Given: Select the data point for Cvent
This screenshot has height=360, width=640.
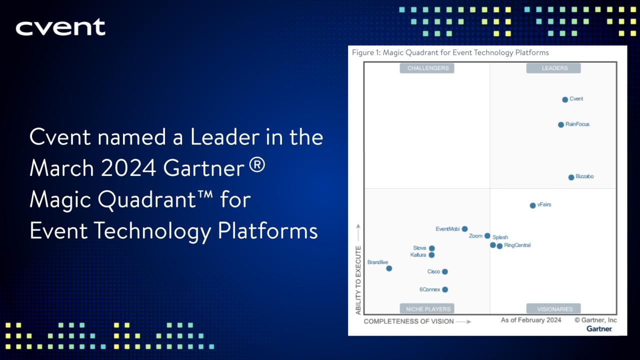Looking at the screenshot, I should point(565,99).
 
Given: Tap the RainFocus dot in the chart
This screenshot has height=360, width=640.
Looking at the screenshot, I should point(561,124).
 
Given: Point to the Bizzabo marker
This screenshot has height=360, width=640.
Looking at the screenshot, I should point(571,177).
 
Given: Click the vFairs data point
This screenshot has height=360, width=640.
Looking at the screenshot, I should point(532,205).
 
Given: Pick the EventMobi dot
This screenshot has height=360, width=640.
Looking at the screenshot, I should point(464,229).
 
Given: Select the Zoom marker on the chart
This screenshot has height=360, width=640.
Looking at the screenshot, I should point(487,236).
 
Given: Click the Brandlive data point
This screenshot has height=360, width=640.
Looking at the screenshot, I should point(389,268).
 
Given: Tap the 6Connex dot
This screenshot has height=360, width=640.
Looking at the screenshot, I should point(445,289).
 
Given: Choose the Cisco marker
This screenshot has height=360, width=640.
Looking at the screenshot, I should point(444,272).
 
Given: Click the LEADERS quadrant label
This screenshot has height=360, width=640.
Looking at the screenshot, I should point(553,68).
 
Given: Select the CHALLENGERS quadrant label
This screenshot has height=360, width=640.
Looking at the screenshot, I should point(427,68).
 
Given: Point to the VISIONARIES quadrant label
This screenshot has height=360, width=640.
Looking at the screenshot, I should point(553,309).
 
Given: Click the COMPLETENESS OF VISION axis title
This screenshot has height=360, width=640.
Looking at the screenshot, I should point(409,321).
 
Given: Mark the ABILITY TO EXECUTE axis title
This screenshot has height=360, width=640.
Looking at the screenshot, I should point(358,280).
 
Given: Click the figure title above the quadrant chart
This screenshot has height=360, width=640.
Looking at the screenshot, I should point(450,52).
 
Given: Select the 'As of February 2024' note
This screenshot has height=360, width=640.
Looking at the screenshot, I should point(531,320).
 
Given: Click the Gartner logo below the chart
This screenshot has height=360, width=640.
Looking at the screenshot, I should point(599,328).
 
